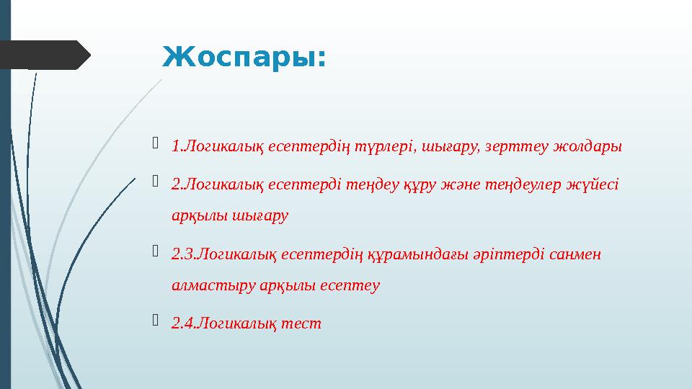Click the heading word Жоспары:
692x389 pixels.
pos(244,56)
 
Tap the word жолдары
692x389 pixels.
pos(587,148)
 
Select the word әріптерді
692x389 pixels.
pos(494,254)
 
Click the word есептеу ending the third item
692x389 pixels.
pos(348,285)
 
